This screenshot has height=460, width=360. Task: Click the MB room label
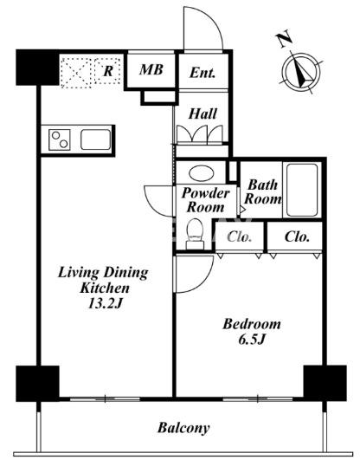tap(151, 70)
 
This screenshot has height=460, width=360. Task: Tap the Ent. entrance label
tap(202, 73)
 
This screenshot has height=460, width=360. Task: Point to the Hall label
tap(202, 113)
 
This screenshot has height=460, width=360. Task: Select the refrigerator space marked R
tap(91, 72)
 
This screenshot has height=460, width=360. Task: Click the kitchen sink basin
tap(95, 139)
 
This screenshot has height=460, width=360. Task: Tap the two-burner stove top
tap(60, 139)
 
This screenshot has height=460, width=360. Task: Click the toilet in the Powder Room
tap(195, 234)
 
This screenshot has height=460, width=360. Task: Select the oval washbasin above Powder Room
tap(201, 173)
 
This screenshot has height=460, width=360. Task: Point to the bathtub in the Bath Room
tap(302, 190)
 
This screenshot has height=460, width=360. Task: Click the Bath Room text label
tap(262, 192)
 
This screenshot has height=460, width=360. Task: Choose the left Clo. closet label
tap(240, 236)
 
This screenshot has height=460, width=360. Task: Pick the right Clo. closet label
tap(297, 236)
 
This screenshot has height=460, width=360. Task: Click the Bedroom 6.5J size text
tap(252, 340)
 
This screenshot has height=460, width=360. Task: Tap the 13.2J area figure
tap(105, 304)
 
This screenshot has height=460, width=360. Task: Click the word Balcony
tap(183, 428)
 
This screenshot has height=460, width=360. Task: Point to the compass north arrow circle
tap(301, 72)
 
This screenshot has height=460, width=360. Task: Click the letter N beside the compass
tap(284, 38)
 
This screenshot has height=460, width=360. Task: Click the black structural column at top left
tap(37, 68)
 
